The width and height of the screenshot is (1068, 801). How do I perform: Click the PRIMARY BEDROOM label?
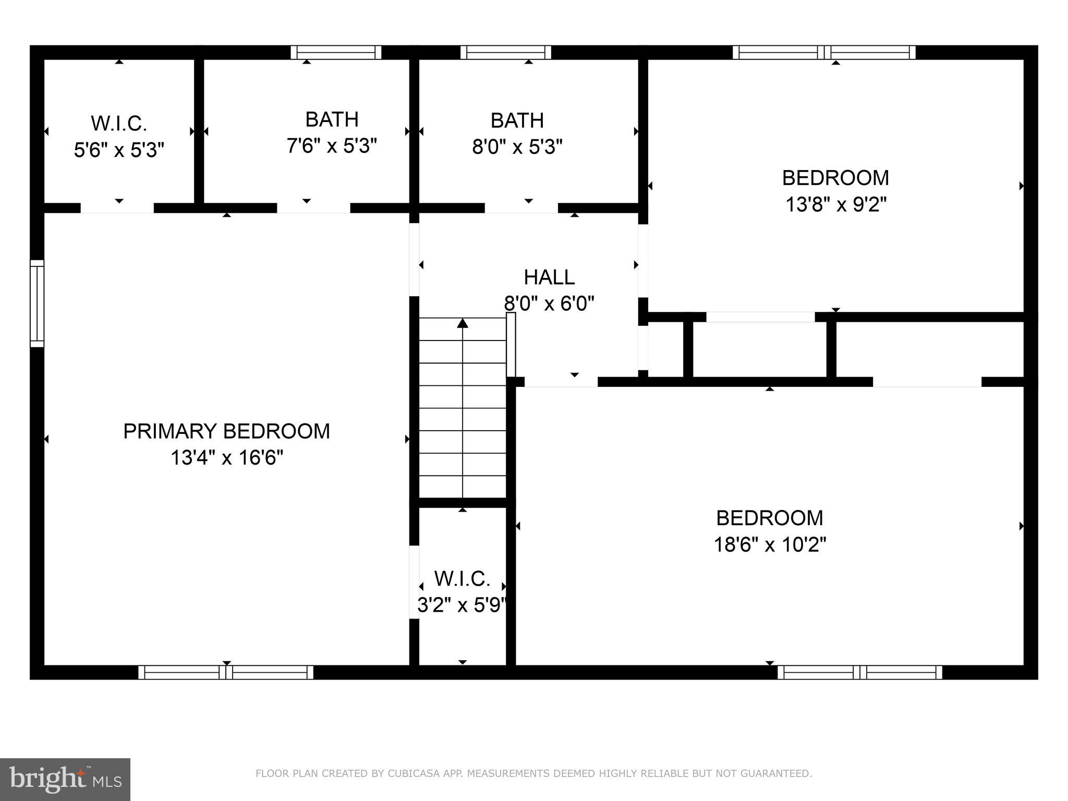pyautogui.click(x=226, y=431)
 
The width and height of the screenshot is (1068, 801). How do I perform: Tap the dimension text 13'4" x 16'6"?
pyautogui.click(x=226, y=458)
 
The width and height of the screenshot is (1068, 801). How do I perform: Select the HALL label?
pyautogui.click(x=549, y=277)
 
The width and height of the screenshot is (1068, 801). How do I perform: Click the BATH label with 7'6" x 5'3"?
pyautogui.click(x=332, y=119)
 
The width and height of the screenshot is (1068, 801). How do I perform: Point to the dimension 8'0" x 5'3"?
pyautogui.click(x=517, y=147)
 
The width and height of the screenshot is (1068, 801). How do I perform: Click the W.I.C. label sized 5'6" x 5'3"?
pyautogui.click(x=119, y=124)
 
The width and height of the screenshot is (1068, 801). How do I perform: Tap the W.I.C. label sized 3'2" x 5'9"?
pyautogui.click(x=462, y=578)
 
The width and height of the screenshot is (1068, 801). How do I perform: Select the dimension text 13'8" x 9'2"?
pyautogui.click(x=835, y=204)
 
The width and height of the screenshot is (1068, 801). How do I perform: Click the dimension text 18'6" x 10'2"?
pyautogui.click(x=770, y=545)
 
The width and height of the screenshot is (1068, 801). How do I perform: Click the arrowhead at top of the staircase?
pyautogui.click(x=463, y=323)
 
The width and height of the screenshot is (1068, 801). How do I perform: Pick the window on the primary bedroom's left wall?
pyautogui.click(x=37, y=303)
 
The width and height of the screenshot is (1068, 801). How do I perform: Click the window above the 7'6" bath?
pyautogui.click(x=336, y=53)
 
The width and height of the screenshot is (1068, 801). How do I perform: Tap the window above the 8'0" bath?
pyautogui.click(x=506, y=53)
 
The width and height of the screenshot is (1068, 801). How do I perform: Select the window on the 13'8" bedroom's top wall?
pyautogui.click(x=824, y=53)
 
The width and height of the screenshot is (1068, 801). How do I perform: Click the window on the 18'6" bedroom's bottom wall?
pyautogui.click(x=859, y=672)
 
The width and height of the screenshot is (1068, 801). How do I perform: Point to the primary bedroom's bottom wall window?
pyautogui.click(x=226, y=672)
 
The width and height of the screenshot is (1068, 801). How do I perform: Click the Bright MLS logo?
pyautogui.click(x=65, y=780)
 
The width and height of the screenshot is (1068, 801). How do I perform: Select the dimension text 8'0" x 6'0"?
pyautogui.click(x=549, y=303)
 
